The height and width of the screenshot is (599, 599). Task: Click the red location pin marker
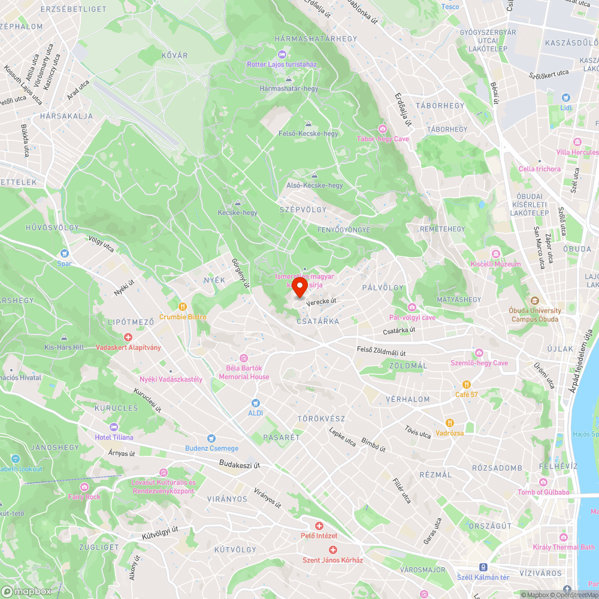(299, 286)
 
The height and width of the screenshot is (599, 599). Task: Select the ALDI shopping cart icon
(256, 403)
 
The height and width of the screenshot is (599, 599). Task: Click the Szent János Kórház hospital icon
(333, 549)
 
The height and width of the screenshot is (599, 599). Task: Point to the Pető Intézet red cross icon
(319, 525)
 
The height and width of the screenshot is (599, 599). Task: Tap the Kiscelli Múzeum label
(495, 264)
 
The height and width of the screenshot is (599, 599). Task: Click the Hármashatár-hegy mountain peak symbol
(289, 78)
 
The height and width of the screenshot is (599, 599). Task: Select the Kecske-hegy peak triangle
(238, 203)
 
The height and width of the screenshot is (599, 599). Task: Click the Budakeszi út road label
(240, 464)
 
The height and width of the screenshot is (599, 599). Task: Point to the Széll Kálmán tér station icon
(482, 567)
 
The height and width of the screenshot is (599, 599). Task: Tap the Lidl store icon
(565, 98)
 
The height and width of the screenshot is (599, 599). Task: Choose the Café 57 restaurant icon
(466, 384)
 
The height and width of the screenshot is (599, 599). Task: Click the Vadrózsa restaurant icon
(449, 423)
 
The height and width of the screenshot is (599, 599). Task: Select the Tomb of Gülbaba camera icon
(543, 482)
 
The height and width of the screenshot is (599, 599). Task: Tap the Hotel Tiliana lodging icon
(114, 427)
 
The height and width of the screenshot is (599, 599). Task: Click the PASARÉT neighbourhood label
(282, 438)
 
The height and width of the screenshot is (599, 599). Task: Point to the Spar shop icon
(64, 253)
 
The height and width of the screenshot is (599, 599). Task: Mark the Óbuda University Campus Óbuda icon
(535, 301)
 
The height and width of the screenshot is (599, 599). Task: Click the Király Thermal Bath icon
(563, 537)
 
